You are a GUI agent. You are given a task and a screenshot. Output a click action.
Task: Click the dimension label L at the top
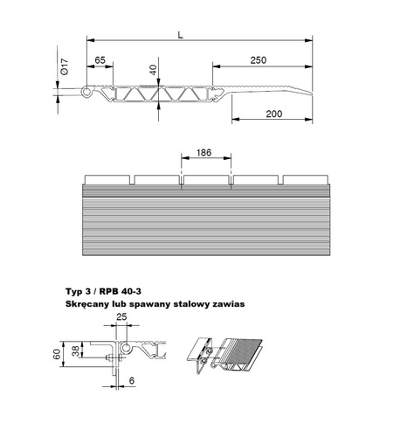click(181, 35)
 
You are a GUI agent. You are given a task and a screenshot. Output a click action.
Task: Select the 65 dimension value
click(100, 60)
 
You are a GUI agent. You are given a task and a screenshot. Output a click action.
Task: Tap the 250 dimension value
click(259, 60)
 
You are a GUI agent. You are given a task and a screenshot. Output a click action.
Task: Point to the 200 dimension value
click(274, 114)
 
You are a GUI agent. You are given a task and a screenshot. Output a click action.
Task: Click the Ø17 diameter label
click(65, 66)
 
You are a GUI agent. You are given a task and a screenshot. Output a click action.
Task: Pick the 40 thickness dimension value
click(153, 70)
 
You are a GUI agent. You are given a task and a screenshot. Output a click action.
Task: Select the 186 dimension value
click(204, 152)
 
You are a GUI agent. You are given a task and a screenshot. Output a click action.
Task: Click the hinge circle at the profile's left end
click(86, 92)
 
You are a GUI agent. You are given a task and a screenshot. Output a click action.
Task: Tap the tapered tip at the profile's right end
click(312, 94)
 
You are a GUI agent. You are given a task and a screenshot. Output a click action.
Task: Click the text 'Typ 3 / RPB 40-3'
click(103, 291)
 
